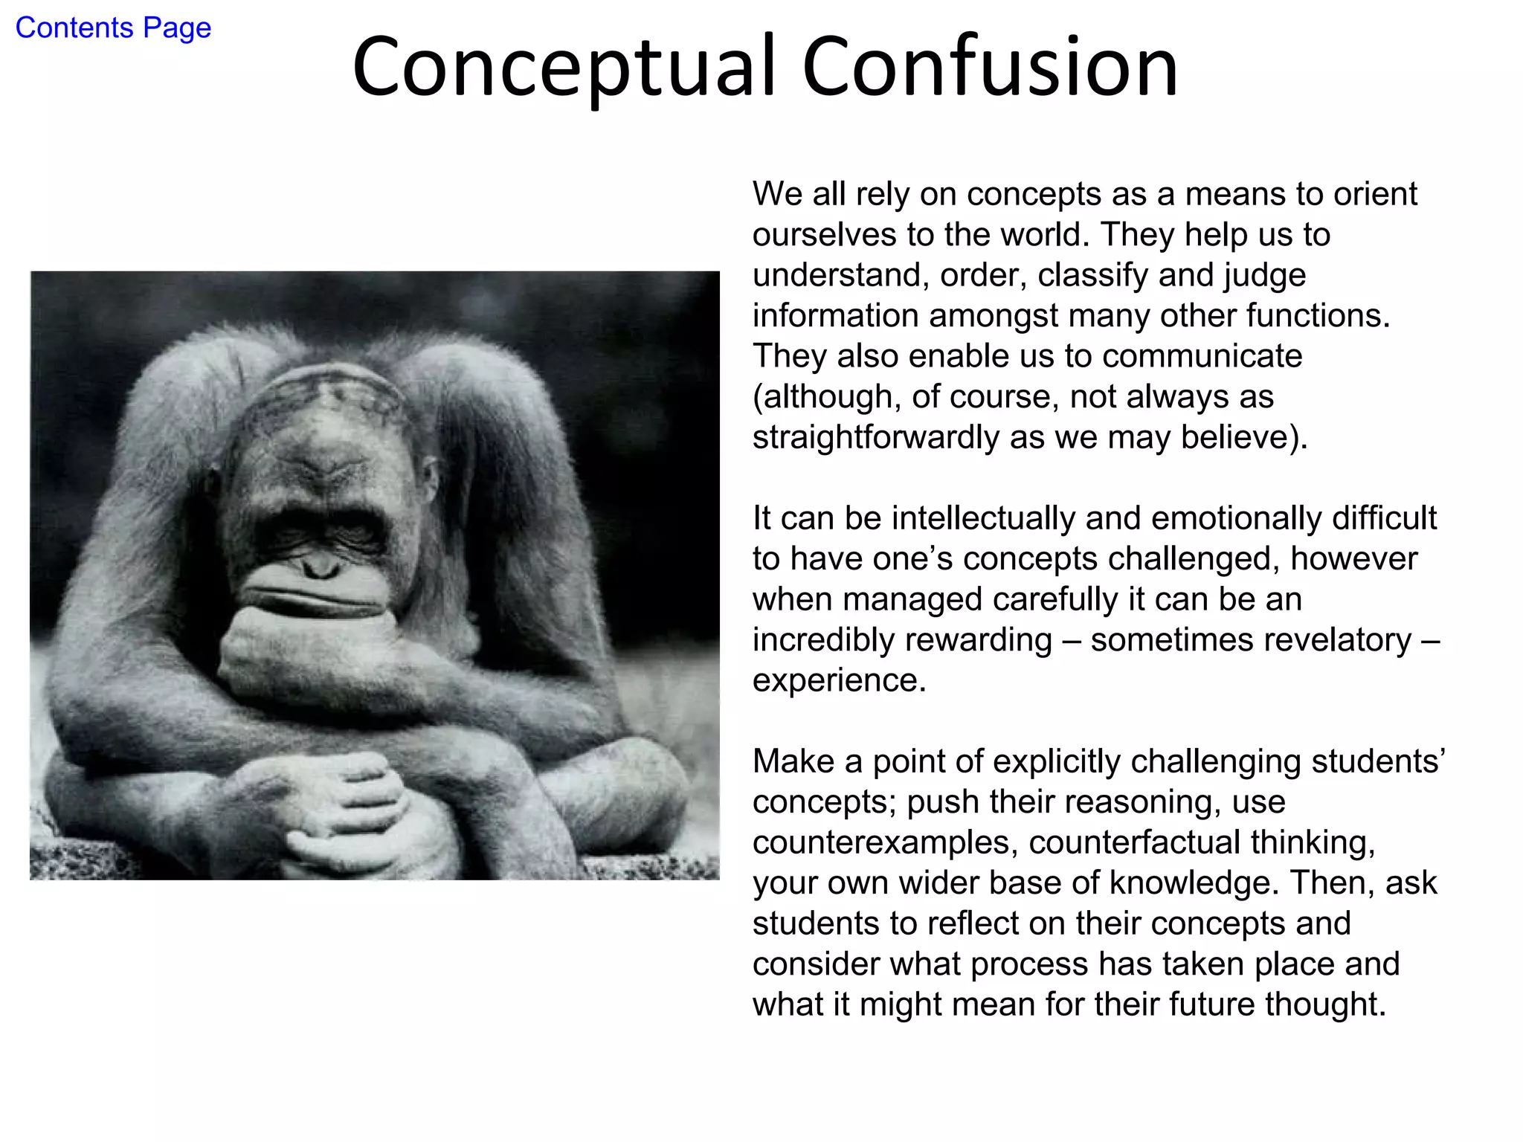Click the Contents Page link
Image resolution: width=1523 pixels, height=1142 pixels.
click(113, 28)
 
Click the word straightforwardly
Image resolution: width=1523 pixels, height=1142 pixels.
click(875, 437)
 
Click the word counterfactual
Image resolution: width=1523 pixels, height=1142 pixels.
click(1135, 842)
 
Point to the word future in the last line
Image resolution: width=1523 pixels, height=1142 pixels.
click(1211, 1004)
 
